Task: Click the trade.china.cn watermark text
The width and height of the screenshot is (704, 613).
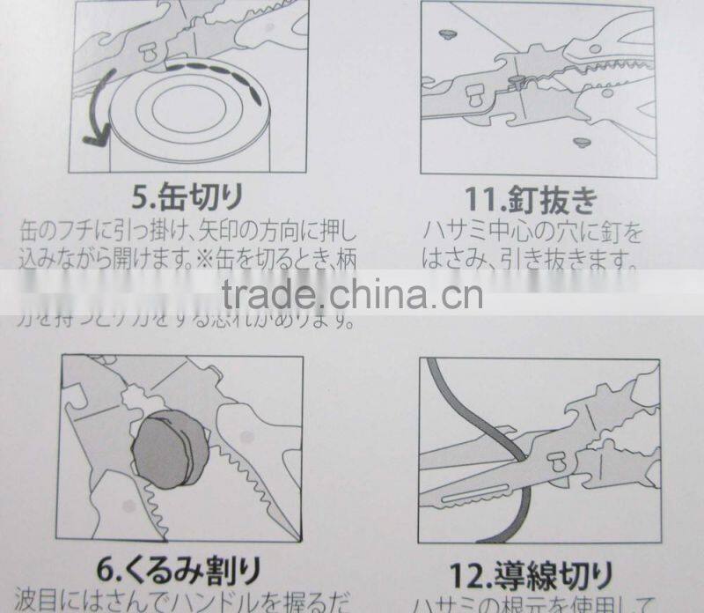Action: pos(352,293)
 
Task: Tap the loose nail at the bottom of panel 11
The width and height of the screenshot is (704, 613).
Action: pos(580,142)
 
